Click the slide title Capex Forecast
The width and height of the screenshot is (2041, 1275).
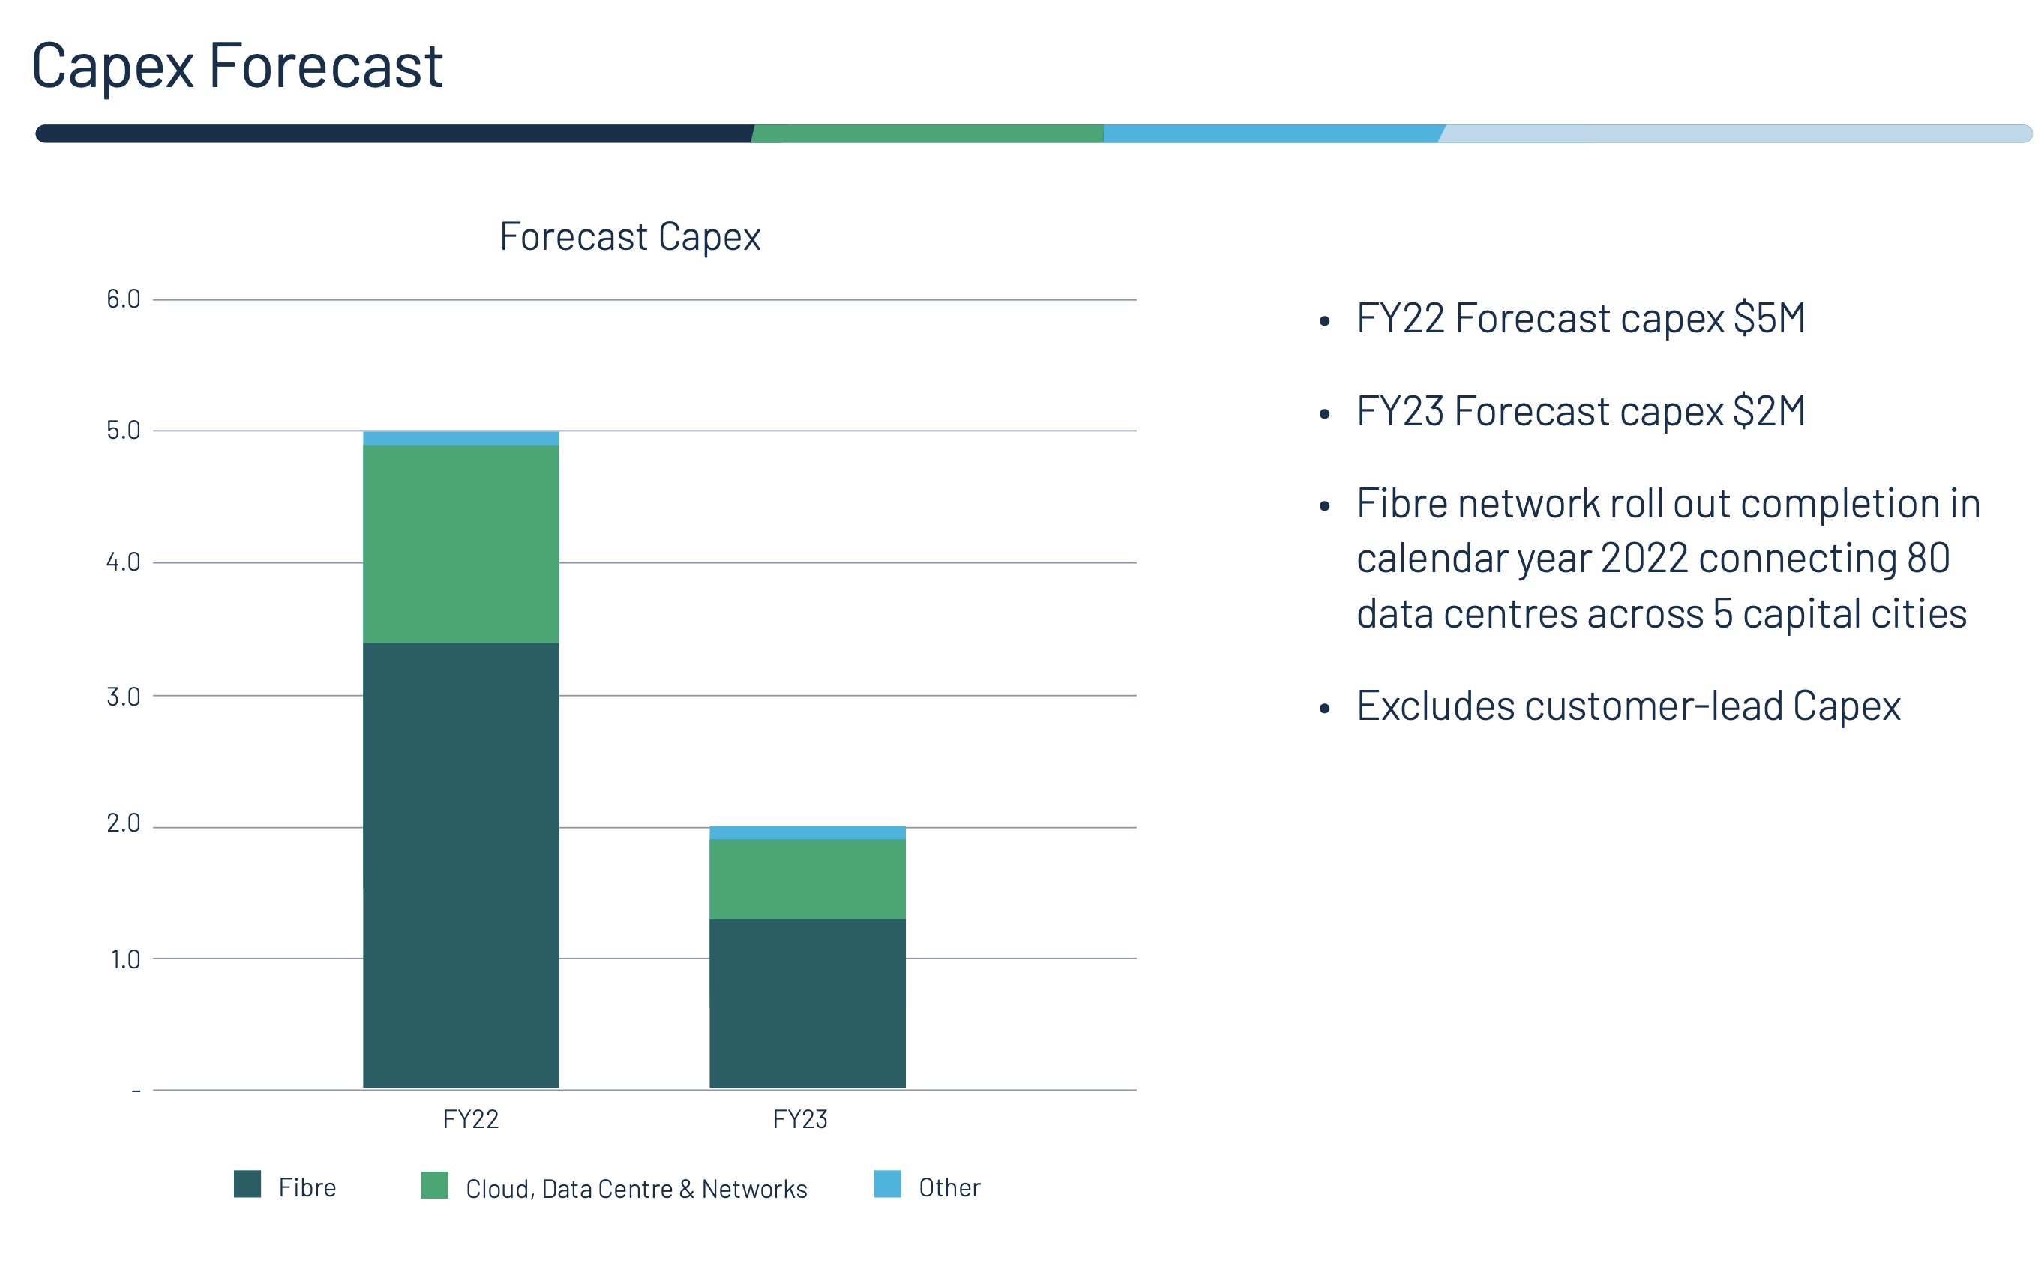(x=237, y=66)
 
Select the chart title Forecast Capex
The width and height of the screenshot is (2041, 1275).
(x=630, y=236)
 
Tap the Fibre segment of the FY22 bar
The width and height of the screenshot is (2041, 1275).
(x=460, y=864)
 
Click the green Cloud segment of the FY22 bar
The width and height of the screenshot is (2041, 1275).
(x=460, y=543)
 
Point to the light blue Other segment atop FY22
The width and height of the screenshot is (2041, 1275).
(x=460, y=438)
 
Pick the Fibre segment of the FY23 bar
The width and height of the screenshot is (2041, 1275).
(x=807, y=1003)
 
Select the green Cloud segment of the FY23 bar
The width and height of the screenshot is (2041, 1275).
(x=807, y=879)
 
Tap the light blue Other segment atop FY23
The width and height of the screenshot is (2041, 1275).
(x=807, y=832)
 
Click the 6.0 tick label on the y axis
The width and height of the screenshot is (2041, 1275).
(x=123, y=298)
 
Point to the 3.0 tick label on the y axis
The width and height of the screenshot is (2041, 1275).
(x=123, y=697)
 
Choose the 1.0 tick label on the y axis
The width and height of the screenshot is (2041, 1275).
(x=124, y=958)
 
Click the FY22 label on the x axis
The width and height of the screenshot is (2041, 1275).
(x=470, y=1119)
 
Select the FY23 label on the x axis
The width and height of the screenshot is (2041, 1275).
(x=800, y=1119)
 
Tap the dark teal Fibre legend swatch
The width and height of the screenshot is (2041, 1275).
(x=247, y=1184)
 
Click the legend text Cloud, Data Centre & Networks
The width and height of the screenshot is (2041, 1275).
(x=636, y=1188)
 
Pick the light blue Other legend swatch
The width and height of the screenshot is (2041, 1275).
(x=887, y=1184)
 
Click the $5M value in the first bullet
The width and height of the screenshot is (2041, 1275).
(x=1769, y=319)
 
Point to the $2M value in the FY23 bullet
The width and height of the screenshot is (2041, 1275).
(x=1769, y=412)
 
